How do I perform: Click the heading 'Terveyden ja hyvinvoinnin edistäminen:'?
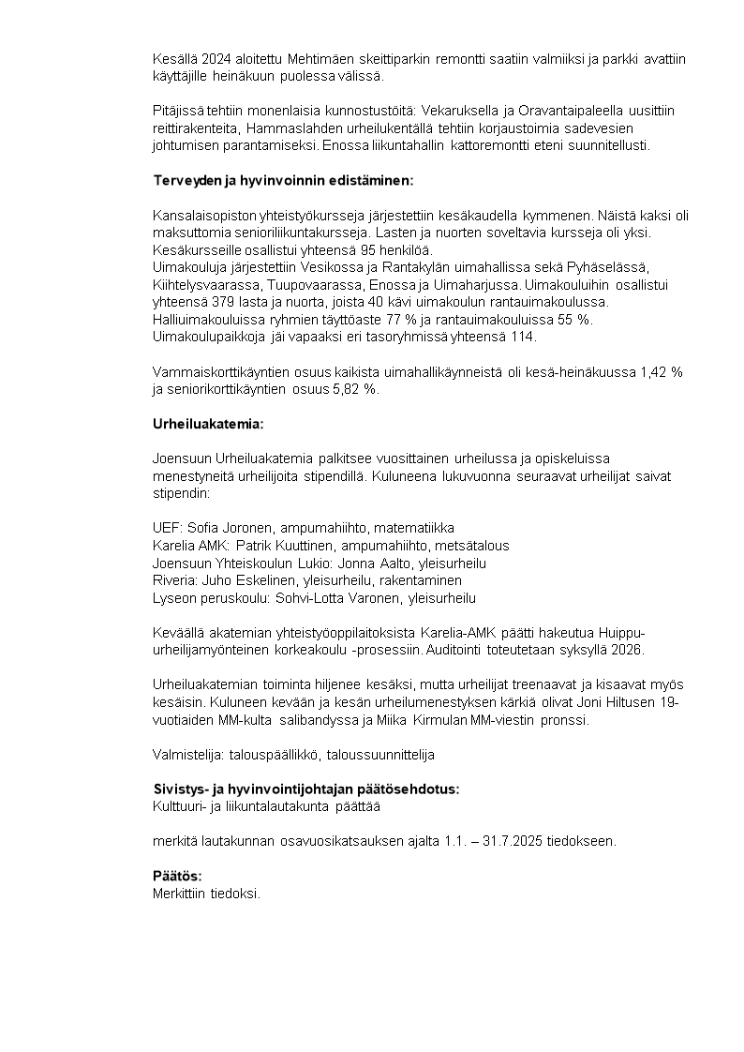(282, 180)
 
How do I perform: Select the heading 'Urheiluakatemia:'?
(208, 424)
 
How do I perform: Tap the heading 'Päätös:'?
(177, 876)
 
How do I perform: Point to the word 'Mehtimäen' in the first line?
(322, 59)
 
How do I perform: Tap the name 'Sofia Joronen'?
(229, 528)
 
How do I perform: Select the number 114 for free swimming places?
(524, 337)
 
